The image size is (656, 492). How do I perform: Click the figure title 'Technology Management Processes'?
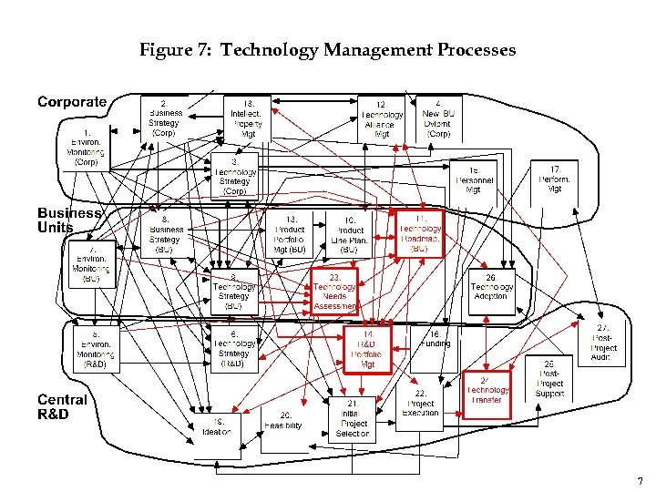click(328, 50)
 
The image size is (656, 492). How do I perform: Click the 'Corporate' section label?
click(72, 102)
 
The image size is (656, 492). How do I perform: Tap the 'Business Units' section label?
click(68, 220)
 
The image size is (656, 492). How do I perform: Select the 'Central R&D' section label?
click(62, 407)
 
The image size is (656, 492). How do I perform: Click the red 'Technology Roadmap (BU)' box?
click(420, 234)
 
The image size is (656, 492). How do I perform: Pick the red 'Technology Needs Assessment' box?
click(335, 291)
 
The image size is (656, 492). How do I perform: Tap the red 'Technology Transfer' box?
click(487, 395)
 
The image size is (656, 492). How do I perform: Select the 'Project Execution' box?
click(420, 404)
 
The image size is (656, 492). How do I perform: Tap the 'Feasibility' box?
click(282, 421)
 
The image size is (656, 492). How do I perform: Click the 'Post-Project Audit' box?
click(602, 343)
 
